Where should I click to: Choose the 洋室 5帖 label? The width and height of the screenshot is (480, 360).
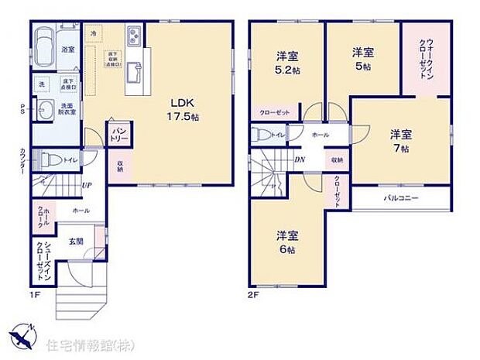(x=363, y=58)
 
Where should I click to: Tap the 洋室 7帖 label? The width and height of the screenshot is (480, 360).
(x=401, y=140)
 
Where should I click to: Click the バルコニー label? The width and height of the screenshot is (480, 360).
(x=402, y=199)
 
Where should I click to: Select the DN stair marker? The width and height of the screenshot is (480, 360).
(x=299, y=159)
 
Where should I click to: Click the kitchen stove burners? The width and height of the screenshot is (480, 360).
(x=133, y=36)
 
